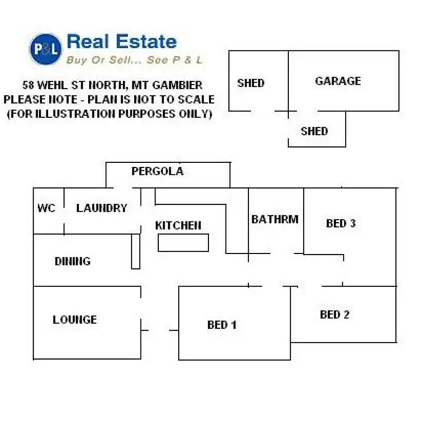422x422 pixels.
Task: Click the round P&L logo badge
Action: click(46, 48)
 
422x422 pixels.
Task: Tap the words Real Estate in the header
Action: click(122, 41)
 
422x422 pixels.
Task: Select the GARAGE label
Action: click(338, 81)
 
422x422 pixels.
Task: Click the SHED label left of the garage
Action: click(250, 83)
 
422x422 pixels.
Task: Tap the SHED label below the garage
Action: click(314, 131)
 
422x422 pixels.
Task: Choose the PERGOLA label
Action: click(158, 171)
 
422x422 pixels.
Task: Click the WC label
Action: click(46, 208)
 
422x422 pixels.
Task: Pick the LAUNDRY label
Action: click(102, 208)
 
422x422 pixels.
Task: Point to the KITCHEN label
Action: click(178, 226)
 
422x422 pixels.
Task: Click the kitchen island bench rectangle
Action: click(183, 243)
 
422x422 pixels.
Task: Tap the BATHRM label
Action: click(275, 219)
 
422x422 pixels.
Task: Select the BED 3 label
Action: click(340, 223)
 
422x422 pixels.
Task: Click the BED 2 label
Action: click(334, 315)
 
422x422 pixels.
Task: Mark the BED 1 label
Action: click(222, 325)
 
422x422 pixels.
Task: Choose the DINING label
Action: click(73, 261)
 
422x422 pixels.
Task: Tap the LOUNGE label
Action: click(75, 320)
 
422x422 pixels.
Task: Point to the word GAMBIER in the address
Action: click(180, 86)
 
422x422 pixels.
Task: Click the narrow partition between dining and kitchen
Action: click(136, 252)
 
